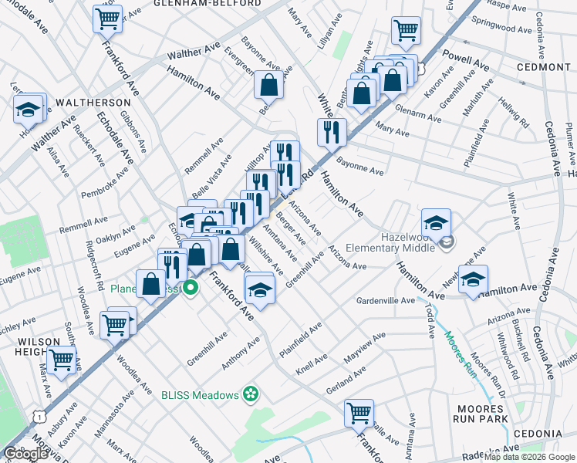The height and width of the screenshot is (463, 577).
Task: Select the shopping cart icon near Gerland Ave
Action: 359,412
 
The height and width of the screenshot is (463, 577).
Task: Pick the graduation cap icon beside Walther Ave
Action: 28,110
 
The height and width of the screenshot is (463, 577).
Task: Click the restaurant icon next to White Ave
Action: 332,131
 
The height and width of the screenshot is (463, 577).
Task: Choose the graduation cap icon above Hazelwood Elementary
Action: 436,222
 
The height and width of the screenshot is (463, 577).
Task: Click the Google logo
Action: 25,454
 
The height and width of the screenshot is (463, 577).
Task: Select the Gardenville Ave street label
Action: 386,300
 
